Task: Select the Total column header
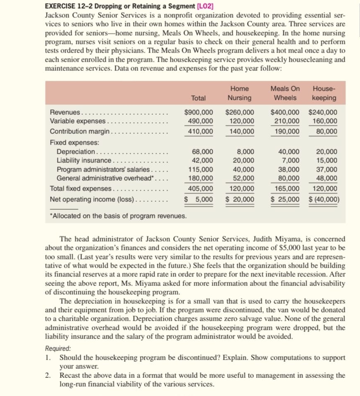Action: click(198, 98)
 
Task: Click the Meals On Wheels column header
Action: click(285, 93)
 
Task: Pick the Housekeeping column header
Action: click(324, 93)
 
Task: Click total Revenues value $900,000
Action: click(199, 112)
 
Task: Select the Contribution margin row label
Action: click(80, 131)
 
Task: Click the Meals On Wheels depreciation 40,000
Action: click(290, 152)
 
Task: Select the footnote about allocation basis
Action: click(117, 216)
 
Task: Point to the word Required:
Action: click(58, 349)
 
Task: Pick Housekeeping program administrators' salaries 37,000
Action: click(328, 169)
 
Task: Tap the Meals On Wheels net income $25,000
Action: click(285, 200)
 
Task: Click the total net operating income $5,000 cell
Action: click(199, 200)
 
